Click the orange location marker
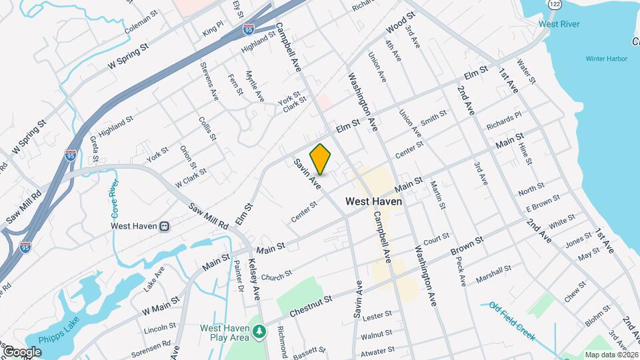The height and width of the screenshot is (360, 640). [x=321, y=159]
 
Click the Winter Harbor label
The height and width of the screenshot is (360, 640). [x=607, y=59]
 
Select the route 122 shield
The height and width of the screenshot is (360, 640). [x=554, y=5]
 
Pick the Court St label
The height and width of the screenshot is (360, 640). [x=437, y=238]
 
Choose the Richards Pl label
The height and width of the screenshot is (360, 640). [x=503, y=121]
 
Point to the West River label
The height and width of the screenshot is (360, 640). [x=559, y=25]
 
